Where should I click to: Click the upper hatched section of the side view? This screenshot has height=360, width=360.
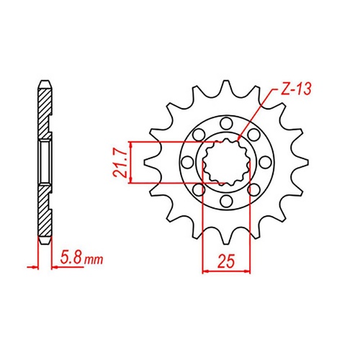click(44, 101)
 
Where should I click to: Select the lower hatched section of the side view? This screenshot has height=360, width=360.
click(44, 216)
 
